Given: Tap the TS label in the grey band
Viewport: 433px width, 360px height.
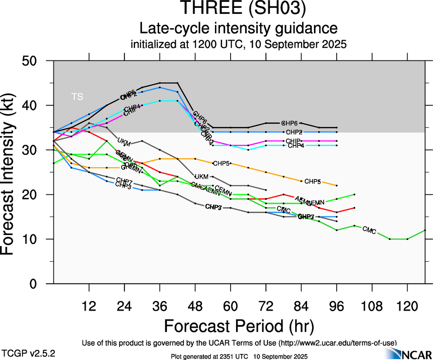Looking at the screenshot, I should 77,97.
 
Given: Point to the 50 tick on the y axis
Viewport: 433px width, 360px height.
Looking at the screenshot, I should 36,61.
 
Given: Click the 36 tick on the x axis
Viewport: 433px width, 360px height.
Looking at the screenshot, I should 160,306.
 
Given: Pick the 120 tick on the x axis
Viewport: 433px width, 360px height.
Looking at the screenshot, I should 407,306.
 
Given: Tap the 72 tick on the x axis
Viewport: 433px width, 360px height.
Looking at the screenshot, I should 266,306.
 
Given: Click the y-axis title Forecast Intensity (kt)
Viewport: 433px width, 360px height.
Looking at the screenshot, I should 12,172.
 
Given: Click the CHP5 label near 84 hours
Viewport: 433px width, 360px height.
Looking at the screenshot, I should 312,181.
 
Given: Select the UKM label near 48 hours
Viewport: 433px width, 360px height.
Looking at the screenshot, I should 202,177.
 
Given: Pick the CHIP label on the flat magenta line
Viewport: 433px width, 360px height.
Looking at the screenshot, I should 293,141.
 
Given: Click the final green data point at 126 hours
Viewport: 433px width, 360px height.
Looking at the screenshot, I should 425,230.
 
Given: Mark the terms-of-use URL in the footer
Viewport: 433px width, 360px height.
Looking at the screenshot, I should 337,343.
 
